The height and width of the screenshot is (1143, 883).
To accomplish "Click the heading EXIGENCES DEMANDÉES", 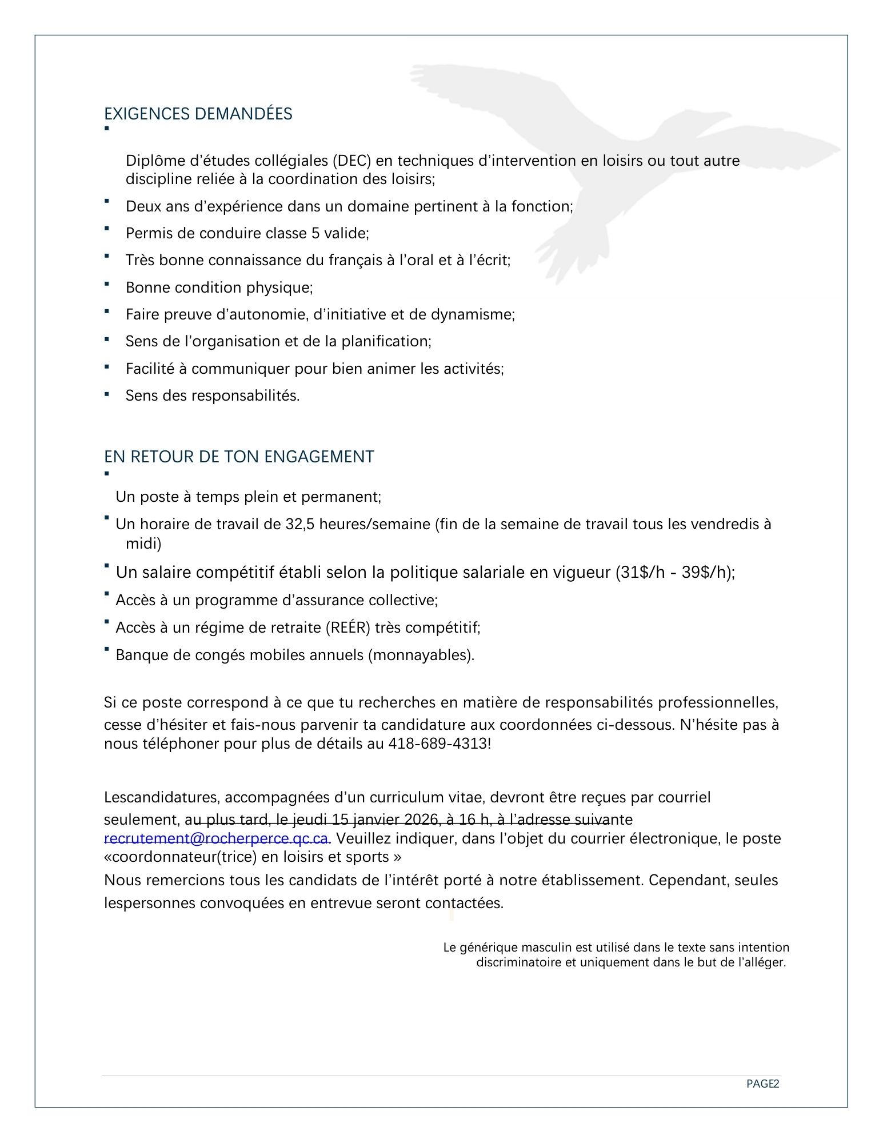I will [198, 114].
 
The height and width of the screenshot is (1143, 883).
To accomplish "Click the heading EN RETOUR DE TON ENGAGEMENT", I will [239, 457].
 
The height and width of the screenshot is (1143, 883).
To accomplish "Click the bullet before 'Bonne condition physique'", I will [107, 283].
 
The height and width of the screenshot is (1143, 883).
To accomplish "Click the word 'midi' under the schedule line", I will [143, 543].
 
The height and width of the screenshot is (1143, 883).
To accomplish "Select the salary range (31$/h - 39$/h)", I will [674, 572].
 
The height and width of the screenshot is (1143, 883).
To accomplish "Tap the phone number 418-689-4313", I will [438, 744].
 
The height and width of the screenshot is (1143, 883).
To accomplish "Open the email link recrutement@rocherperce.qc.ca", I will [217, 838].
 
